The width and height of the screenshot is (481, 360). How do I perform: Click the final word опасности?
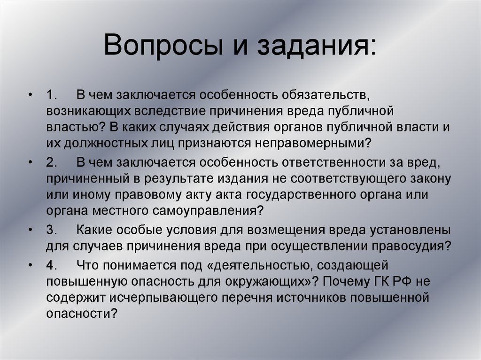pos(81,313)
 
